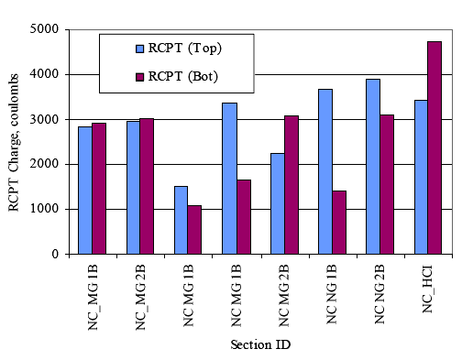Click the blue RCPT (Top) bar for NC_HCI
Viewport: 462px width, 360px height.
(x=421, y=177)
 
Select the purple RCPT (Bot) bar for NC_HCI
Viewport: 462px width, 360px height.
(x=434, y=147)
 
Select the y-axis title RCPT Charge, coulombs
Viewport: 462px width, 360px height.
(x=15, y=142)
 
